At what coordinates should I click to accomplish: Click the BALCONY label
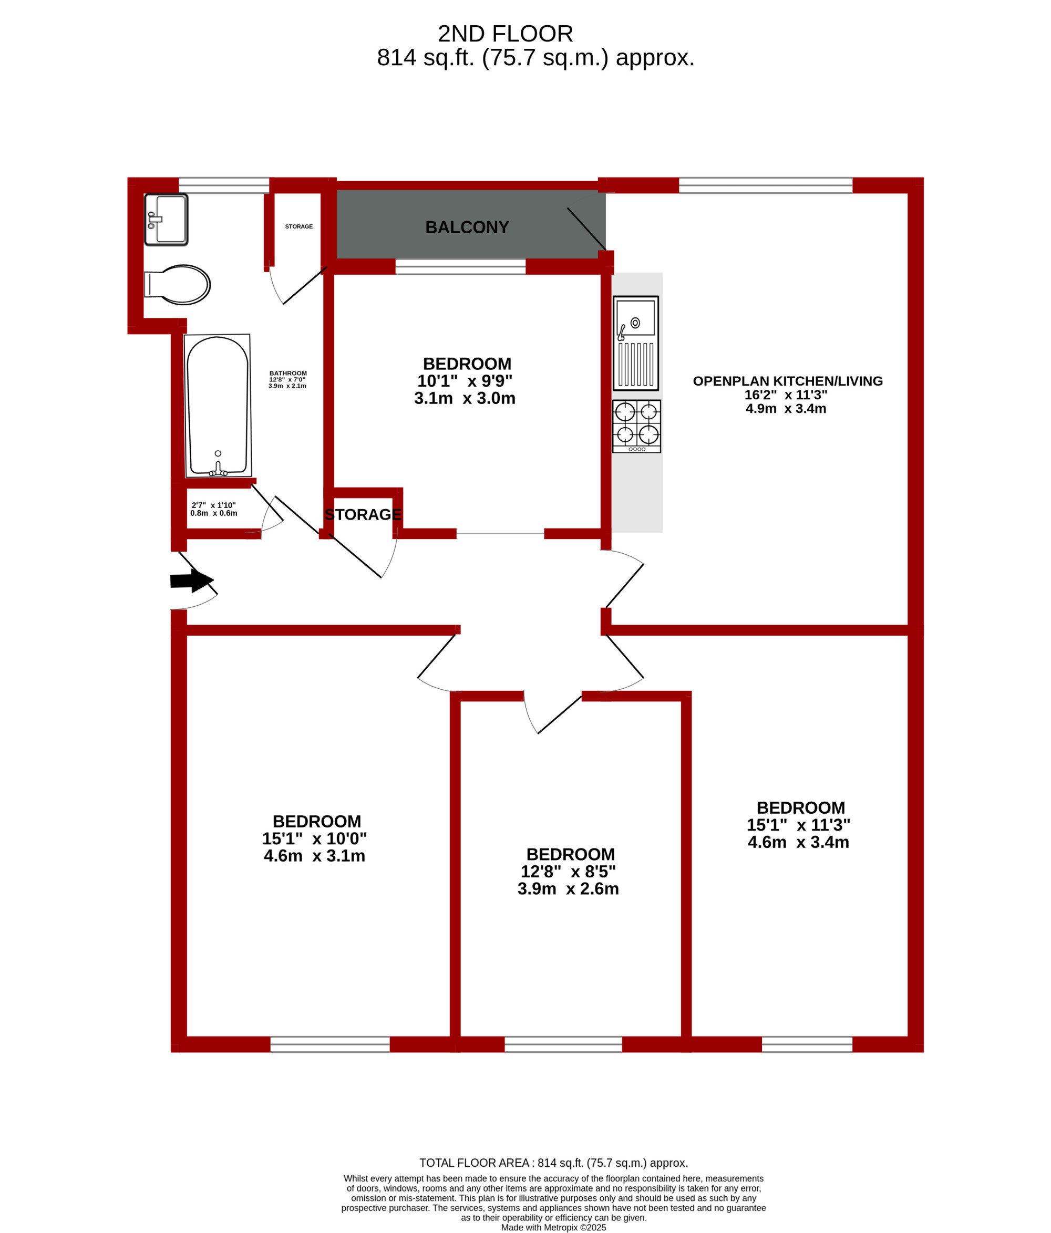pyautogui.click(x=467, y=227)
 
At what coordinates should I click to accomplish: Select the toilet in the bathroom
pyautogui.click(x=177, y=284)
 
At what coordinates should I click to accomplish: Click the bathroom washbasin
pyautogui.click(x=166, y=220)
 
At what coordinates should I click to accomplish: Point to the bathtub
pyautogui.click(x=217, y=406)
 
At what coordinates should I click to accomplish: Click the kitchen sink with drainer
pyautogui.click(x=636, y=343)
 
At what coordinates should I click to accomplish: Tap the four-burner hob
pyautogui.click(x=636, y=426)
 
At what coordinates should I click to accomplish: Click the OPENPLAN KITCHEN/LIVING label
pyautogui.click(x=787, y=381)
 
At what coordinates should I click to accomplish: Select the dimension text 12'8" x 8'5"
pyautogui.click(x=568, y=871)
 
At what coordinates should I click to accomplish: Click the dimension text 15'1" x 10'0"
pyautogui.click(x=314, y=838)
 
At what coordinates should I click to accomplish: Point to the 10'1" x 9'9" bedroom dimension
pyautogui.click(x=464, y=381)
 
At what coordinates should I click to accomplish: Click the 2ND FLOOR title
pyautogui.click(x=505, y=34)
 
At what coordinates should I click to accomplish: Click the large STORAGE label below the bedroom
pyautogui.click(x=363, y=514)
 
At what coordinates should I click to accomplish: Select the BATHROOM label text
pyautogui.click(x=288, y=373)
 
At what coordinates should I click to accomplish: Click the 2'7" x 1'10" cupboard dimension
pyautogui.click(x=214, y=505)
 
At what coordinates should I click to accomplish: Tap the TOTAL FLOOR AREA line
pyautogui.click(x=553, y=1163)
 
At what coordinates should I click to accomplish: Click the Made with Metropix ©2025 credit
pyautogui.click(x=553, y=1227)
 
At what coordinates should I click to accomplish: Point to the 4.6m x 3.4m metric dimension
pyautogui.click(x=798, y=842)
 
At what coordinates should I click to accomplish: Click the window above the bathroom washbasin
pyautogui.click(x=224, y=185)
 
